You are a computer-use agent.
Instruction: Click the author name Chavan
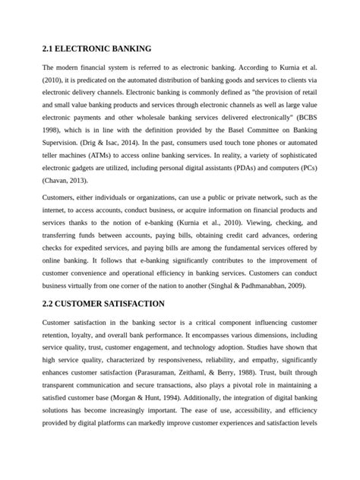click(61, 180)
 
